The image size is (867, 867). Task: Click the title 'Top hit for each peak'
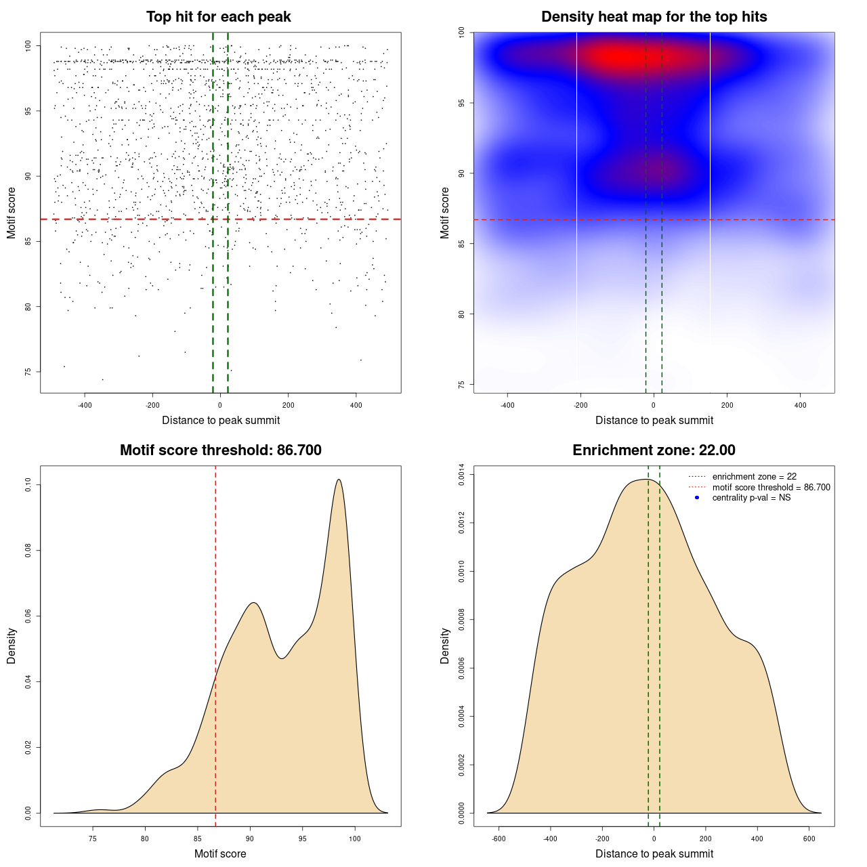coord(218,17)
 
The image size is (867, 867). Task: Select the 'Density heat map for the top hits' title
coord(654,17)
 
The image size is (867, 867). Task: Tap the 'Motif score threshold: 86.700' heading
coord(220,450)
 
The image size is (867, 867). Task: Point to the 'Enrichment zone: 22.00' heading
coord(654,450)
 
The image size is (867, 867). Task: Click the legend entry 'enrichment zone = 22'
coord(754,477)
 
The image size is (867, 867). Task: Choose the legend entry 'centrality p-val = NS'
coord(751,498)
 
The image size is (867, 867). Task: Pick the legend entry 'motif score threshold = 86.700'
coord(771,488)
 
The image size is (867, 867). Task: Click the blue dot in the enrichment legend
coord(697,498)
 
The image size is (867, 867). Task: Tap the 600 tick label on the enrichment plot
coord(809,839)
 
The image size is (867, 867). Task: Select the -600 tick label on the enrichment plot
coord(499,839)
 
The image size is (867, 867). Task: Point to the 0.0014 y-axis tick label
coord(461,475)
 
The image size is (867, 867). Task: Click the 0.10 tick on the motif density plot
coord(28,485)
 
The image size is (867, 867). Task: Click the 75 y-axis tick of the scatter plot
coord(28,372)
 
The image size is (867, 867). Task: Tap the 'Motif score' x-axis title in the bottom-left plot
coord(220,854)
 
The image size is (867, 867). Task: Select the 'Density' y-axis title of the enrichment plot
coord(445,646)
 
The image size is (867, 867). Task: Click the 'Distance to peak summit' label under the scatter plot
coord(221,421)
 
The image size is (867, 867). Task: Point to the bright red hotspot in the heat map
coord(620,57)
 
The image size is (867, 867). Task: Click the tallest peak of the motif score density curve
coord(339,480)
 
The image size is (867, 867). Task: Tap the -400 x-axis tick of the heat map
coord(507,405)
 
